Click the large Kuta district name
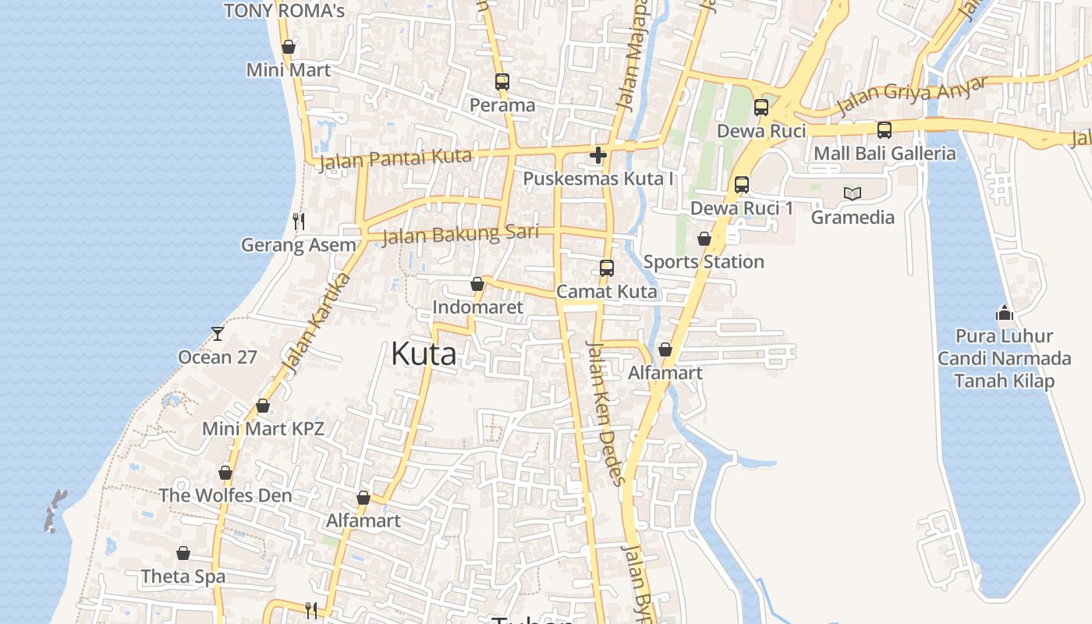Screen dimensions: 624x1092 coord(424,354)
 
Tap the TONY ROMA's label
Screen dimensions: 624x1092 coord(284,11)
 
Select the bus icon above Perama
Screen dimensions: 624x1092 coord(502,81)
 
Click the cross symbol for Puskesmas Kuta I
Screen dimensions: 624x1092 coord(598,155)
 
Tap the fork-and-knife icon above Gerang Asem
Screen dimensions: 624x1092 coord(299,222)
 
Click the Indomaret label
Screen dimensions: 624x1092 coord(478,307)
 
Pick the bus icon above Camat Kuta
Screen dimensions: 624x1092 coord(607,268)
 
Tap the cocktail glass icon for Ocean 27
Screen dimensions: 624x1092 coord(218,334)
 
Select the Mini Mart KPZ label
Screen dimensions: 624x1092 coord(263,428)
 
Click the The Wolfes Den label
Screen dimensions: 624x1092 coord(225,495)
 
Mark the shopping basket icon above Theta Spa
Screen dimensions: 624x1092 coord(183,553)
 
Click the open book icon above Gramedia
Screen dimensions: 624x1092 coord(853,193)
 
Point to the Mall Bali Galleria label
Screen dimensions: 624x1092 coord(885,153)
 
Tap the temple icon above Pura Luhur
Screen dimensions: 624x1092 coord(1005,313)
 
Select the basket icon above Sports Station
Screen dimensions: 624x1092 coord(704,239)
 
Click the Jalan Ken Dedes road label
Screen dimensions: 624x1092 coord(605,413)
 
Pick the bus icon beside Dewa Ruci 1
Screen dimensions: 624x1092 coord(742,185)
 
